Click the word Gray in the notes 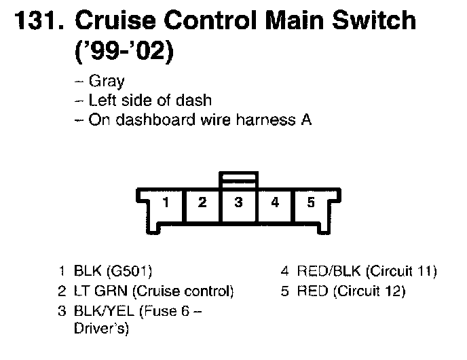[x=107, y=82]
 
